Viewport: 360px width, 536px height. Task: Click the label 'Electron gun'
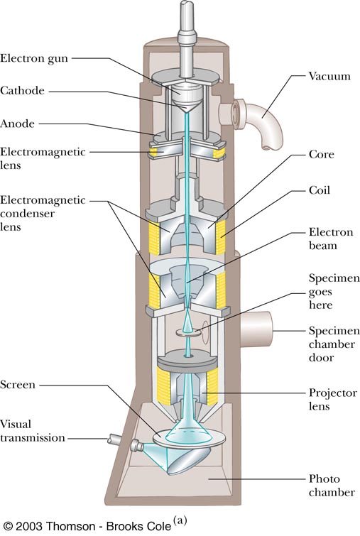coord(34,58)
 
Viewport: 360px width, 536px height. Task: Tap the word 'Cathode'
coord(22,91)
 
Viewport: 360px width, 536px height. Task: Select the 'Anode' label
coord(17,124)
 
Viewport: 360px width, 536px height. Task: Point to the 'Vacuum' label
coord(329,76)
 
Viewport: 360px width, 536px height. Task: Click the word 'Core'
coord(322,154)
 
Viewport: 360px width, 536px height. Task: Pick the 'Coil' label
coord(320,190)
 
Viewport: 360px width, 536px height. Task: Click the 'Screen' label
coord(18,385)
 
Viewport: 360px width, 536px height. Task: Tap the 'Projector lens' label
coord(333,399)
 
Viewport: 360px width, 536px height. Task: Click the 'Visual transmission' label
coord(32,431)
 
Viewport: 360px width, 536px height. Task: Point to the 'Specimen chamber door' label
coord(334,344)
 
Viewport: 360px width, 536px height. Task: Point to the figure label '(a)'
coord(180,520)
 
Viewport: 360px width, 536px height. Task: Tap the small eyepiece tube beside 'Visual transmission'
coord(114,439)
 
